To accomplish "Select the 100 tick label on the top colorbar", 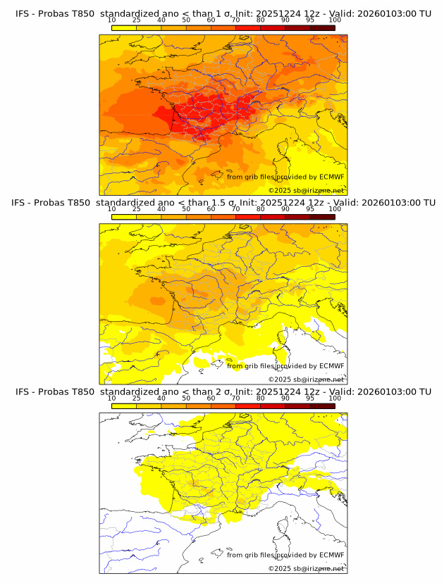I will click(335, 20).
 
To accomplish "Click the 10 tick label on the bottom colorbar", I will click(111, 399).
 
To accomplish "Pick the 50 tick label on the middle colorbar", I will click(186, 209).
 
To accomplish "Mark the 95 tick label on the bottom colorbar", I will click(310, 399).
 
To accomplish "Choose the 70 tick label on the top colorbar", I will click(235, 20).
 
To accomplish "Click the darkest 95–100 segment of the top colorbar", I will click(322, 27).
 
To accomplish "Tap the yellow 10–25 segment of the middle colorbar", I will click(124, 217).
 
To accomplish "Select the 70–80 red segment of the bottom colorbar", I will click(247, 406).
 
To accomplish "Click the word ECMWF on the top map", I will click(331, 177).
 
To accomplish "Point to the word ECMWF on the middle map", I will click(331, 366).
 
